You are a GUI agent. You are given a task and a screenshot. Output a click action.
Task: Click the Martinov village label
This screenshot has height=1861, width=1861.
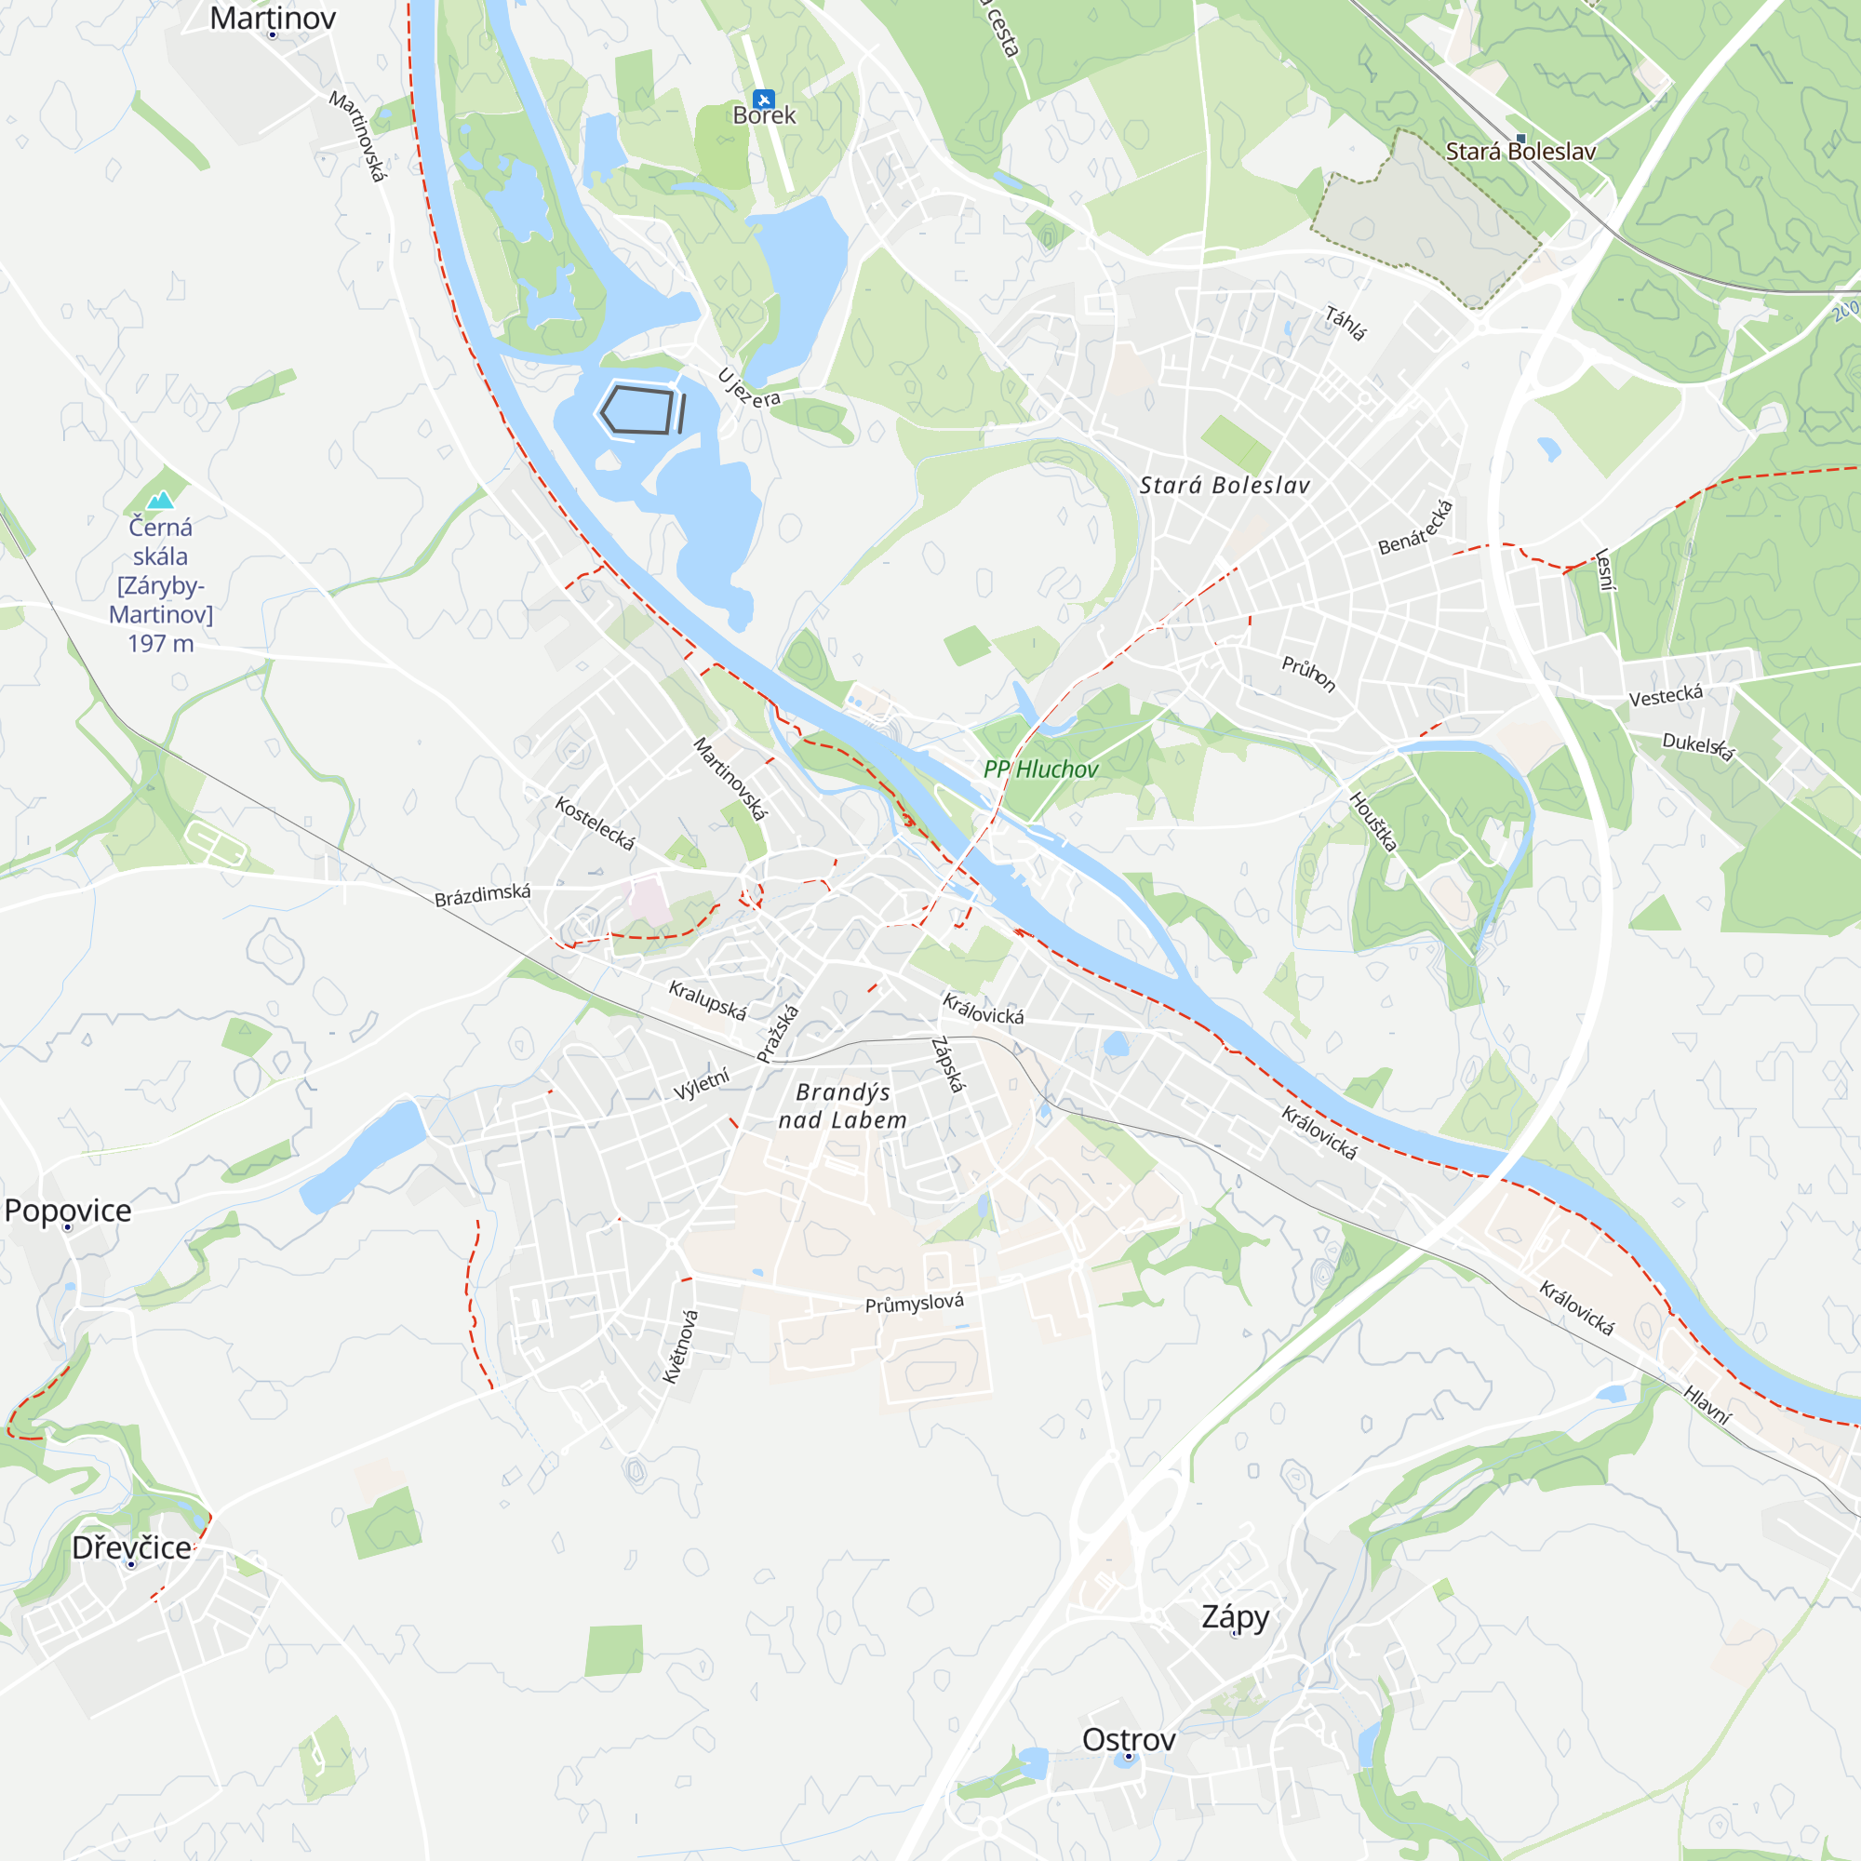click(x=273, y=18)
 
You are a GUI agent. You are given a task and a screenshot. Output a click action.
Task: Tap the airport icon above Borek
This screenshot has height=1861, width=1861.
click(x=764, y=100)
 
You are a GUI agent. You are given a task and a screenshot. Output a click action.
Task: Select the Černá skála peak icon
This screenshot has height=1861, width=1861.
click(x=161, y=499)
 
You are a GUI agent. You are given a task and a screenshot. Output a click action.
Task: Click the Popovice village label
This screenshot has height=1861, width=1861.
click(x=67, y=1210)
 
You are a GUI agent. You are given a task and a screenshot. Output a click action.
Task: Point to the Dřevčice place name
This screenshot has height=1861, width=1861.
click(x=131, y=1547)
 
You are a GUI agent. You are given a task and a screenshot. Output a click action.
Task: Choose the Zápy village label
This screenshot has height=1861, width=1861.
click(x=1235, y=1615)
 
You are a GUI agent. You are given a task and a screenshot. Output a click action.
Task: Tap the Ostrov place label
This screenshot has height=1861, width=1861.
click(x=1128, y=1740)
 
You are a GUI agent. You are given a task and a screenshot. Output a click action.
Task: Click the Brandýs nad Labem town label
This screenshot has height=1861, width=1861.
click(x=843, y=1105)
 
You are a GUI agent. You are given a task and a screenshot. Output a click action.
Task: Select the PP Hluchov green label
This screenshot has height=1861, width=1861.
click(x=1040, y=769)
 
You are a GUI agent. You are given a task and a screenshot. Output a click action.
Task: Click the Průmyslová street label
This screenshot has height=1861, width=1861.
click(x=914, y=1304)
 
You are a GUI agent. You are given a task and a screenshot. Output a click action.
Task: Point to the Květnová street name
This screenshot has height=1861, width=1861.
click(x=680, y=1346)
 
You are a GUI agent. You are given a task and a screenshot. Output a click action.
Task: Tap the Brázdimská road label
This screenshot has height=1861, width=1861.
click(x=483, y=895)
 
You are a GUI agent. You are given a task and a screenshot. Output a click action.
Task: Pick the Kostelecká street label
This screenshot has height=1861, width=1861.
click(x=596, y=823)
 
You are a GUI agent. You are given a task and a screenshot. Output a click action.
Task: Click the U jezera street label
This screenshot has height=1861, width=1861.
click(x=748, y=388)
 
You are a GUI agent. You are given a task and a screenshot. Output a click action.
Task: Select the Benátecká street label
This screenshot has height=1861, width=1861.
click(x=1415, y=528)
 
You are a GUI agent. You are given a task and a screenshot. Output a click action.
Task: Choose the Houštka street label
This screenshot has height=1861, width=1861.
click(x=1372, y=822)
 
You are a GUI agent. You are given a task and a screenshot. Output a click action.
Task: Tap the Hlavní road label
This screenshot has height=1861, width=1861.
click(x=1707, y=1404)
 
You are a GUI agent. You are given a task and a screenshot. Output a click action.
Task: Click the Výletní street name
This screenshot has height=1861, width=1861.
click(x=702, y=1084)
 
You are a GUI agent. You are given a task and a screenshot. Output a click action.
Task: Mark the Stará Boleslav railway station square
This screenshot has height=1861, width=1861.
click(x=1521, y=139)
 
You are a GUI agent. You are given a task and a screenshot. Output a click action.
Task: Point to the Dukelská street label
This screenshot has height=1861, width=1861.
click(x=1698, y=745)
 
